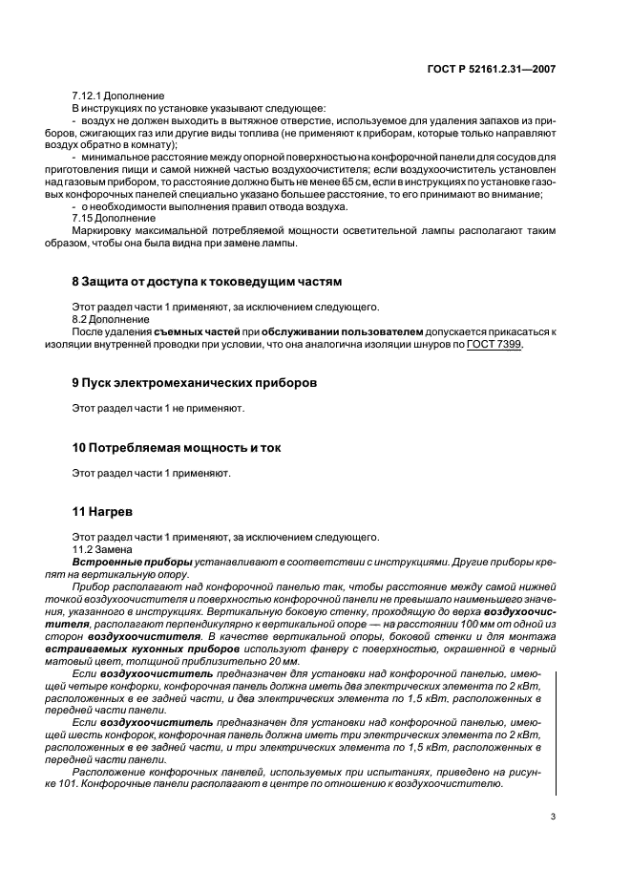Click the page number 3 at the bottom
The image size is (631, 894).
(x=554, y=817)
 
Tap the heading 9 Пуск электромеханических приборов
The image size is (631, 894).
(x=196, y=382)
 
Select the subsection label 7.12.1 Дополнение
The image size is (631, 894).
(x=118, y=96)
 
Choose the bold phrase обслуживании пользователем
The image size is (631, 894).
(x=341, y=331)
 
